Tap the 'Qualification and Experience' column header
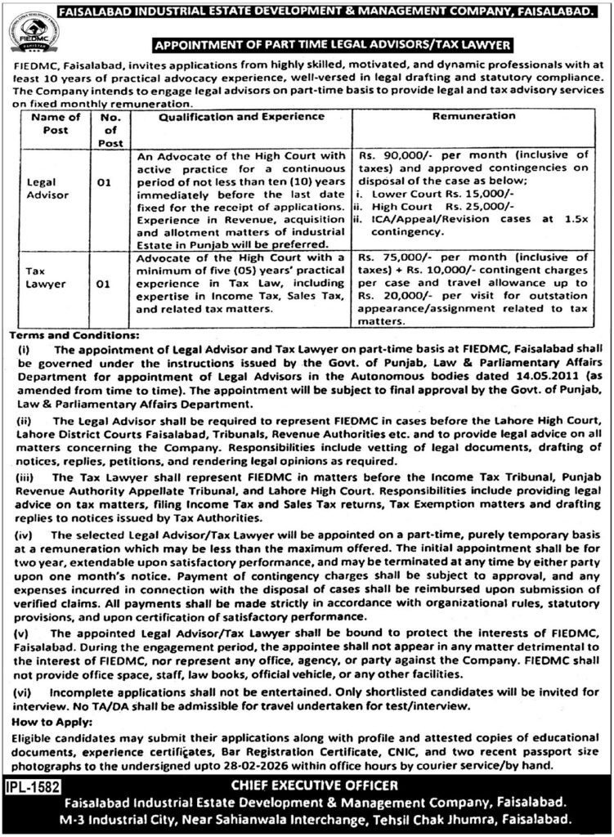(231, 117)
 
